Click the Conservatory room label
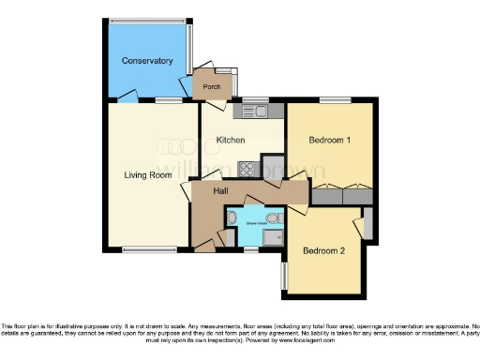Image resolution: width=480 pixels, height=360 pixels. click(147, 61)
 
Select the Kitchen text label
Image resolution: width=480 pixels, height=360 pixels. click(231, 140)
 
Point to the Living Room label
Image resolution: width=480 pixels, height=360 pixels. click(147, 174)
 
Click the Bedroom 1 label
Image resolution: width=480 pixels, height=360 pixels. click(329, 141)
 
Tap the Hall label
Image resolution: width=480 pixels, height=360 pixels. click(221, 190)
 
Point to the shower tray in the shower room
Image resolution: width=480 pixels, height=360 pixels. click(274, 238)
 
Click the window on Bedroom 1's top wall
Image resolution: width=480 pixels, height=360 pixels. click(334, 99)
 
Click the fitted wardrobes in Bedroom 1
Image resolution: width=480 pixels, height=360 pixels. click(341, 196)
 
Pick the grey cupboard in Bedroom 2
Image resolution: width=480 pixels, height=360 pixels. click(367, 226)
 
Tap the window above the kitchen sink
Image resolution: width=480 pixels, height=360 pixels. click(255, 99)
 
